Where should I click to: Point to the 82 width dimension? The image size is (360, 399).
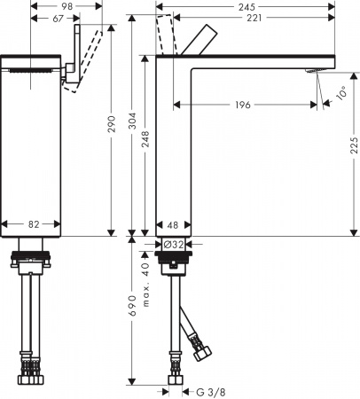coord(32,225)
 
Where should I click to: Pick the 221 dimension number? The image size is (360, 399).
coord(254,20)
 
